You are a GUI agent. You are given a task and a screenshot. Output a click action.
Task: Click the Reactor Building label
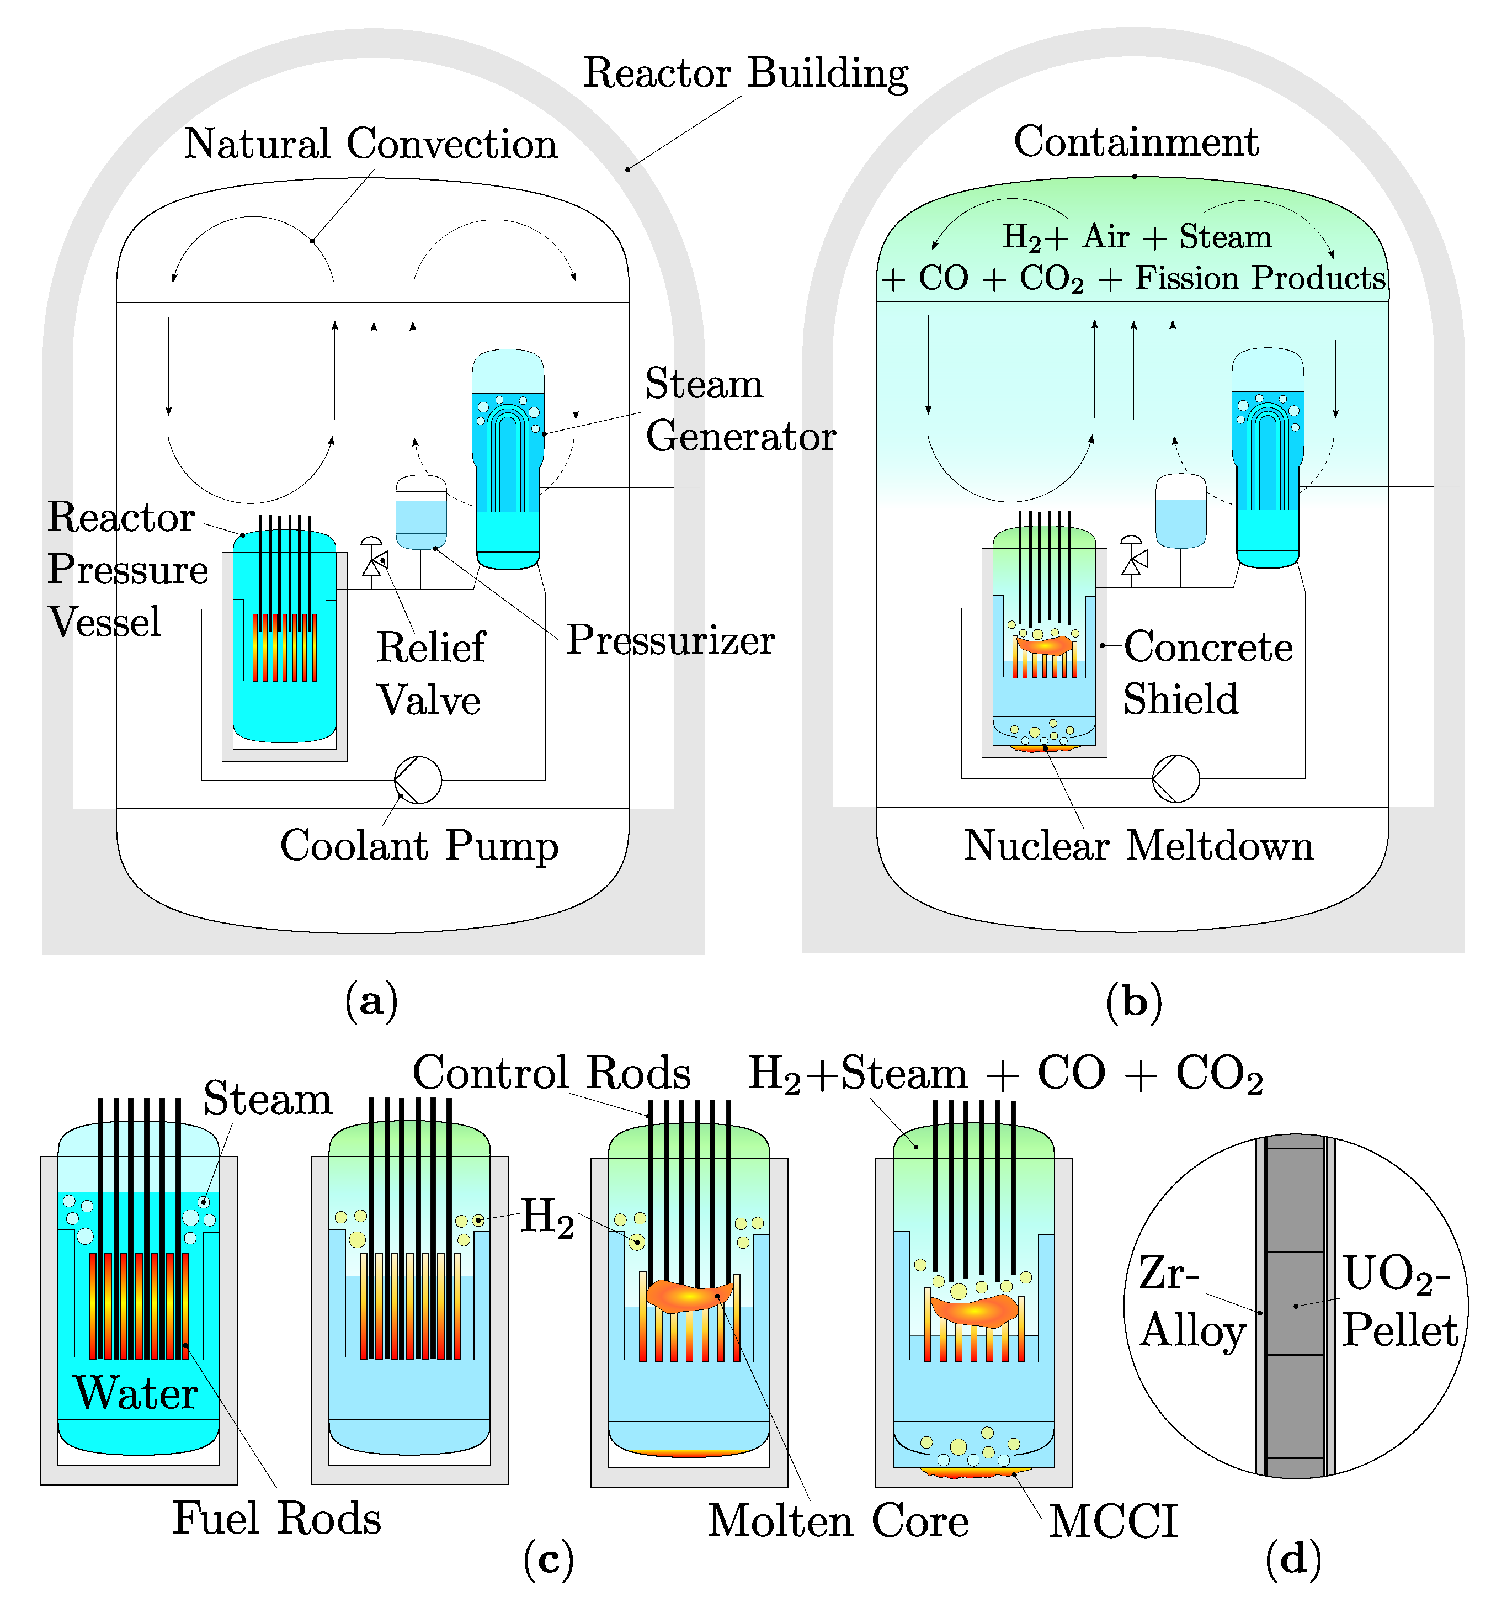pos(746,73)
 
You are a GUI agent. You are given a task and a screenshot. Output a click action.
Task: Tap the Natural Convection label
pos(370,144)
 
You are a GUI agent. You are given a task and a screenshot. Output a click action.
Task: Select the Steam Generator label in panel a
pos(739,410)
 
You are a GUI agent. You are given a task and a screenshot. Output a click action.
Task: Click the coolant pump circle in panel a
pos(418,780)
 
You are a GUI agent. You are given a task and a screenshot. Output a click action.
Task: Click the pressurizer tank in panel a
pos(421,512)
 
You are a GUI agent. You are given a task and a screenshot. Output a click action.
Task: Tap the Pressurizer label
pos(670,641)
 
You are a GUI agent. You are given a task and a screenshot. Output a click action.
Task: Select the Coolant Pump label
pos(419,846)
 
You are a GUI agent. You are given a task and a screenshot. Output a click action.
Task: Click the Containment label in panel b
pos(1136,142)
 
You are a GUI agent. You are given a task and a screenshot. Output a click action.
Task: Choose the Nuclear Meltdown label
pos(1138,846)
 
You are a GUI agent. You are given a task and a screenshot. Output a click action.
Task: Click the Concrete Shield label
pos(1207,673)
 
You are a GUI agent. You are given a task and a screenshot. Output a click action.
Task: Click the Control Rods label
pos(552,1073)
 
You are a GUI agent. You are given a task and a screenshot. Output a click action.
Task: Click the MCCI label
pos(1113,1521)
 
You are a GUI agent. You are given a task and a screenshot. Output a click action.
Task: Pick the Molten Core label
pos(838,1521)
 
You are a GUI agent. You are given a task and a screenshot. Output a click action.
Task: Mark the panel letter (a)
pos(371,1001)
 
